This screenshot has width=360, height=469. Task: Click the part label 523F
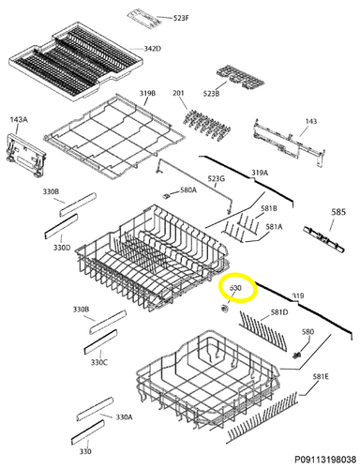click(181, 18)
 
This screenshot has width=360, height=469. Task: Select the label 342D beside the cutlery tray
click(153, 49)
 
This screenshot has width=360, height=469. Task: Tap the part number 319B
click(148, 93)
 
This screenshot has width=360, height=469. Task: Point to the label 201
click(178, 93)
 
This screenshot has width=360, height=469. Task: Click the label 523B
click(211, 93)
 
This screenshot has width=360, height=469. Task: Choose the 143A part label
click(19, 119)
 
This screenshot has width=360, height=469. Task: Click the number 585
click(338, 212)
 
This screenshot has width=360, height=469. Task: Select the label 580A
click(188, 189)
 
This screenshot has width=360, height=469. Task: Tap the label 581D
click(279, 312)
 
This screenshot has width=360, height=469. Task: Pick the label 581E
click(321, 377)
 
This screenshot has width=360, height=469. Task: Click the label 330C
click(99, 362)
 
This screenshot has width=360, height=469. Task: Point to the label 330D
click(62, 248)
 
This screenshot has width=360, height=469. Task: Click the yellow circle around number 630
click(238, 289)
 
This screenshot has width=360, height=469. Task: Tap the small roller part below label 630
click(224, 309)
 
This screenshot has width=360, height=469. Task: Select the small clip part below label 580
click(297, 355)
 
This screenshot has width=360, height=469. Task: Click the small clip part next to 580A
click(166, 196)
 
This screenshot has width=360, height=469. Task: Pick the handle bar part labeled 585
click(323, 240)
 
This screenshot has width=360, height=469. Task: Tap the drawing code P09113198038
click(325, 460)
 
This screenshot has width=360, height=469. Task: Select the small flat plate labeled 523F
click(143, 19)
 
